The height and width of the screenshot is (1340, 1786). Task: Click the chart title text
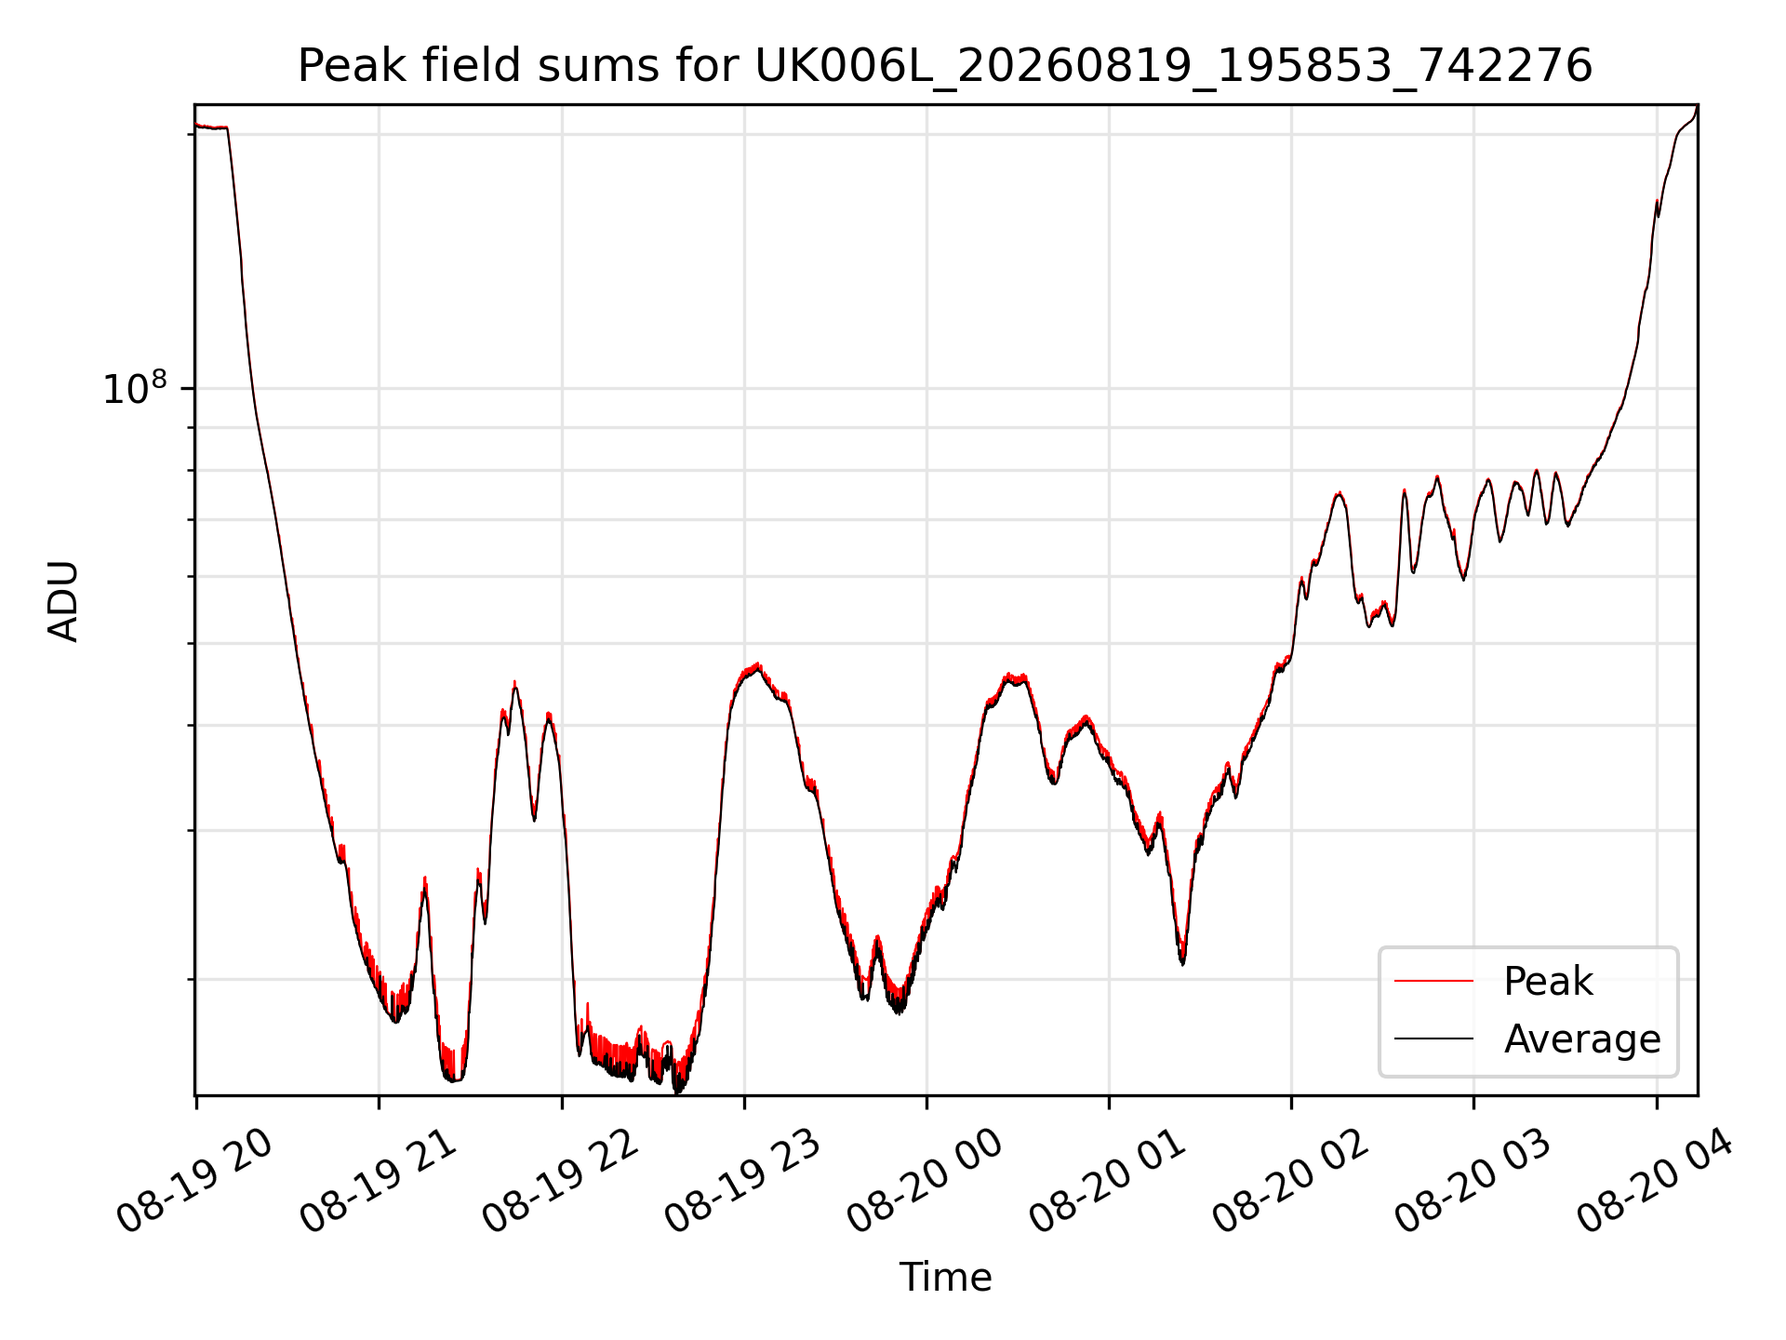945,67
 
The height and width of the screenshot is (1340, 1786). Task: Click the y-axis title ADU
63,601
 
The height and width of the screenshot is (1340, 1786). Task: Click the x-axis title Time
945,1278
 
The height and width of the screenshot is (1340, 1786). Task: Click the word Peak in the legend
1548,982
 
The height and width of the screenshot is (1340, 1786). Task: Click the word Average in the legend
1582,1039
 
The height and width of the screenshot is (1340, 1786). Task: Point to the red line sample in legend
1433,981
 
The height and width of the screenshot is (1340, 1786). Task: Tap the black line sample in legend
1433,1038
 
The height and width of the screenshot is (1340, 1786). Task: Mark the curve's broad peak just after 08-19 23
758,667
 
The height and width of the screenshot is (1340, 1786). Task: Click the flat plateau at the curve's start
212,127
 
